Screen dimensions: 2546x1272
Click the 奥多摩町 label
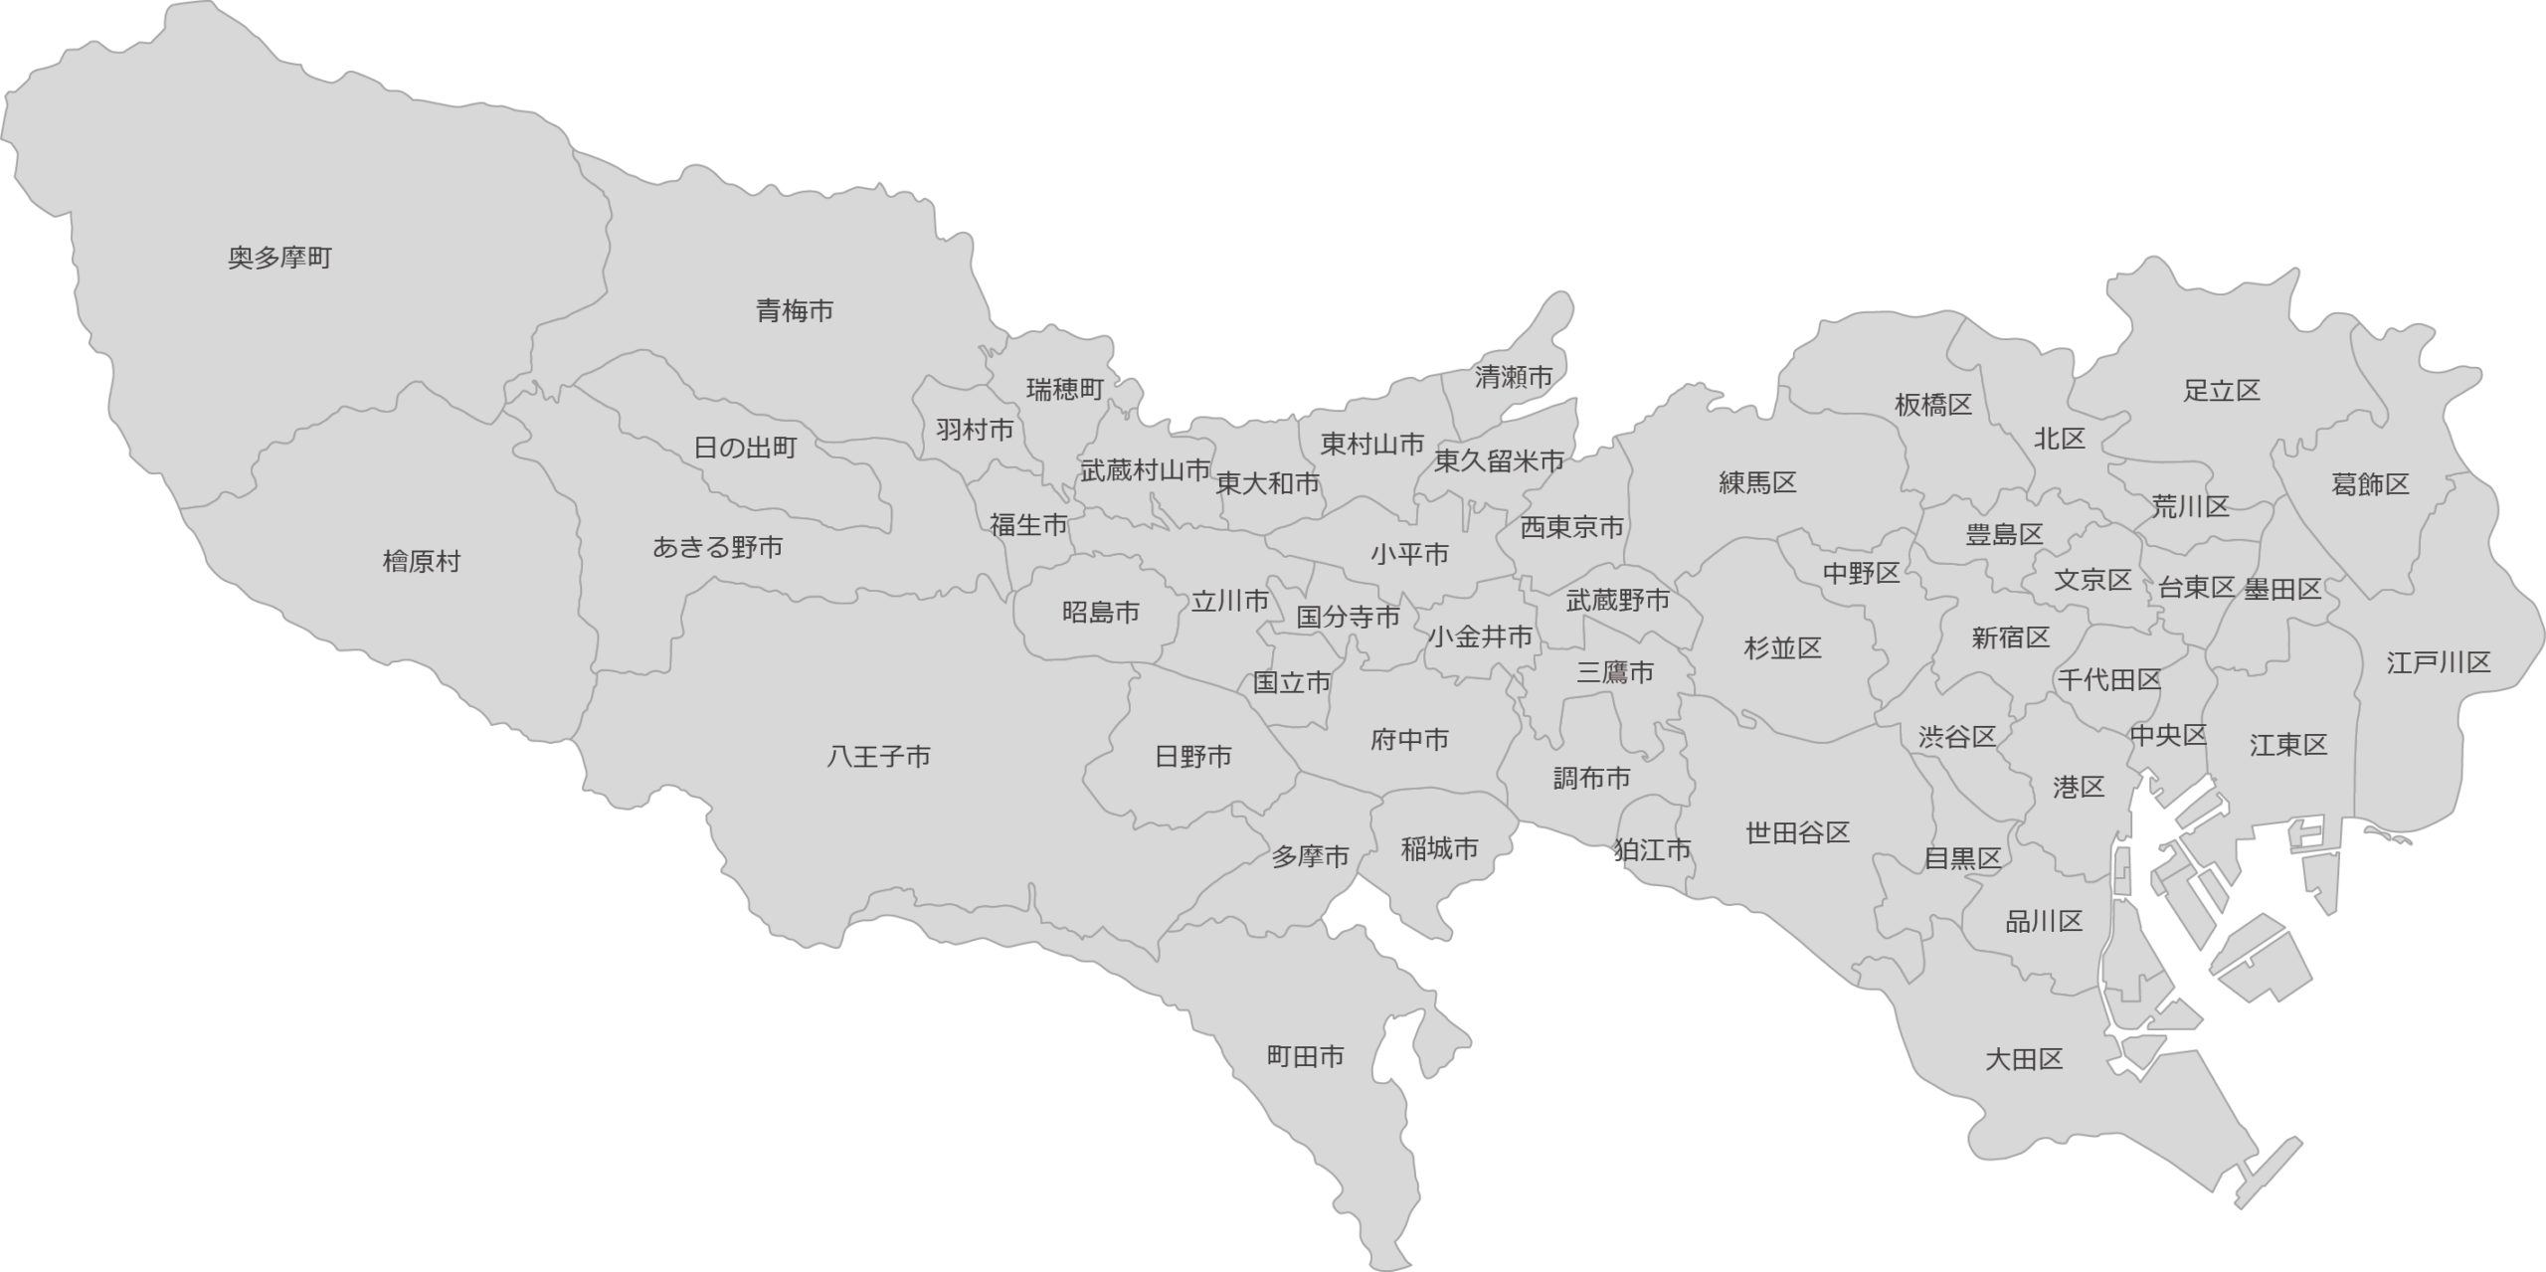pyautogui.click(x=279, y=260)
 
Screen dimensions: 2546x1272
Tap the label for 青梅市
pyautogui.click(x=795, y=312)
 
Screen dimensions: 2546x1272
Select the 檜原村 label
pyautogui.click(x=422, y=562)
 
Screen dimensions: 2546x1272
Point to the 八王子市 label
pyautogui.click(x=879, y=758)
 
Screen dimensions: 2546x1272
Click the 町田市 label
pyautogui.click(x=1305, y=1056)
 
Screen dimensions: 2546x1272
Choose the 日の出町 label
pyautogui.click(x=745, y=449)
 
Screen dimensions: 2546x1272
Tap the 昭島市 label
pyautogui.click(x=1101, y=614)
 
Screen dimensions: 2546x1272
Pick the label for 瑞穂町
pyautogui.click(x=1065, y=390)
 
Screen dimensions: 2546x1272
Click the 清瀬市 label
pyautogui.click(x=1513, y=378)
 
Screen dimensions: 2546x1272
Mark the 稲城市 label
pyautogui.click(x=1439, y=849)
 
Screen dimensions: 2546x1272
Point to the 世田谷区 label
pyautogui.click(x=1798, y=833)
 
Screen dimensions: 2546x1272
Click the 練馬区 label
pyautogui.click(x=1758, y=483)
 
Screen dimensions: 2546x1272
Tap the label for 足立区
pyautogui.click(x=2222, y=391)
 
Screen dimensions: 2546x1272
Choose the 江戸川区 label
pyautogui.click(x=2439, y=663)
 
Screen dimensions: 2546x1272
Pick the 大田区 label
pyautogui.click(x=2024, y=1060)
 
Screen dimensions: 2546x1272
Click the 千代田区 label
pyautogui.click(x=2108, y=681)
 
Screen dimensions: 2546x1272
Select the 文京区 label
pyautogui.click(x=2092, y=580)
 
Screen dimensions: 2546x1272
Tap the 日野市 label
pyautogui.click(x=1193, y=758)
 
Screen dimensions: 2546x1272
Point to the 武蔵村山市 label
pyautogui.click(x=1146, y=470)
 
